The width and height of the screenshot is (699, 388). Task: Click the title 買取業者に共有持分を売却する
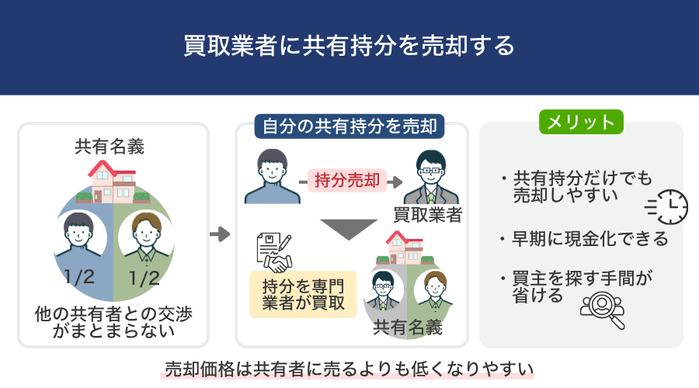tap(349, 46)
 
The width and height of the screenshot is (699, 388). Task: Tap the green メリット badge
tap(581, 122)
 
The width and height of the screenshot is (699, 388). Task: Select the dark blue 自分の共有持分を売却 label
tap(349, 126)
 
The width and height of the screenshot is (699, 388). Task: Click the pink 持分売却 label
tap(347, 180)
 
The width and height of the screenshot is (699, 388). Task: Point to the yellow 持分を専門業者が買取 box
tap(303, 294)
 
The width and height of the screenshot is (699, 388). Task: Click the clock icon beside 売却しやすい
tap(667, 207)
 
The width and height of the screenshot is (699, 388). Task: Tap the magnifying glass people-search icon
tap(602, 310)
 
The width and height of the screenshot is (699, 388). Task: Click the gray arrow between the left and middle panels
tap(220, 234)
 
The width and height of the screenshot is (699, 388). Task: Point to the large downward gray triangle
tap(349, 228)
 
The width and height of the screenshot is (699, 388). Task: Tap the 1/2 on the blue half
tap(79, 278)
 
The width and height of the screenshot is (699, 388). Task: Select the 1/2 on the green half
tap(144, 279)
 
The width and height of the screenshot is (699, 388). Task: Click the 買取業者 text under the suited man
tap(427, 215)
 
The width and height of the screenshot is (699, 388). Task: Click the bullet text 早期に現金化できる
tap(590, 239)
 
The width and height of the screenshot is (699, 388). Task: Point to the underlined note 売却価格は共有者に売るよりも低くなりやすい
tap(349, 369)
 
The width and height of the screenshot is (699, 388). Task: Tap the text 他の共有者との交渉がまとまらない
tap(113, 322)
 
